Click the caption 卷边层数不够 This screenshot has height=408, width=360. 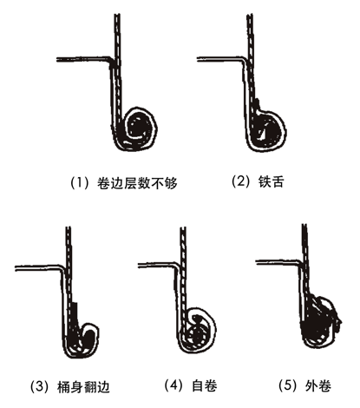click(x=137, y=183)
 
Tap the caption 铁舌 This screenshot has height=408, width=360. click(x=271, y=181)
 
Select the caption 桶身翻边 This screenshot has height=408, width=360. click(x=84, y=387)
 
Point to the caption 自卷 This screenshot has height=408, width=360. click(x=205, y=385)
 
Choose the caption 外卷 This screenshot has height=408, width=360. click(x=318, y=385)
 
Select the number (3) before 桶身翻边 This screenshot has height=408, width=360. click(x=40, y=387)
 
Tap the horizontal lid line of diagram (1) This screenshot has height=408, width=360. click(x=83, y=59)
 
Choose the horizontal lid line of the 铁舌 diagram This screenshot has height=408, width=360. click(x=220, y=59)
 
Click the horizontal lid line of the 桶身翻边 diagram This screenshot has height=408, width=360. click(x=38, y=268)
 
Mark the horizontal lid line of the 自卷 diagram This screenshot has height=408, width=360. click(x=158, y=265)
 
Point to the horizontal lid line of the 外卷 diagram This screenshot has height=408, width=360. click(x=278, y=262)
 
